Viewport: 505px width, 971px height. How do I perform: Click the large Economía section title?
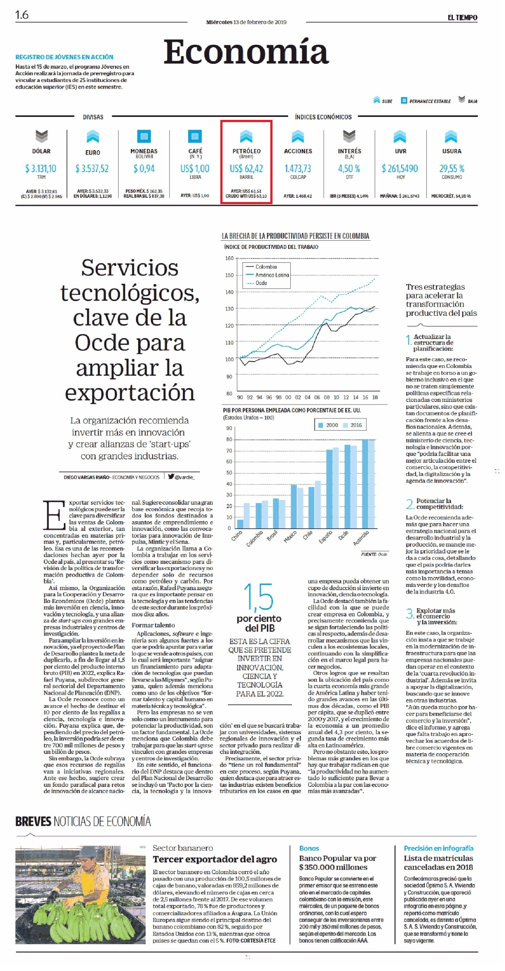tap(246, 51)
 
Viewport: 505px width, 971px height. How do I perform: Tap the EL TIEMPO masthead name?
tap(462, 17)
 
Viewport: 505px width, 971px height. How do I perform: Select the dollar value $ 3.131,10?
tap(41, 168)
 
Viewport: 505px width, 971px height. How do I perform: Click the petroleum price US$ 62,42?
tap(246, 168)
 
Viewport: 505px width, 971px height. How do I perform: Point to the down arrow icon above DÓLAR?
tap(41, 136)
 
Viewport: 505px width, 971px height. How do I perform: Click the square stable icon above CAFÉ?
tap(195, 136)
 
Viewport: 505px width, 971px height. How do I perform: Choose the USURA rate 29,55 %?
tap(452, 168)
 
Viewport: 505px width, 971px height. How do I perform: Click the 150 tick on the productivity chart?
tap(229, 275)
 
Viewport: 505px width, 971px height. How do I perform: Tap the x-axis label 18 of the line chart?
tap(375, 397)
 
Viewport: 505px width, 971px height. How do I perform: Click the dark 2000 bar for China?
tap(240, 524)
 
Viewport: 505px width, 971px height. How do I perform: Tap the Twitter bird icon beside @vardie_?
tap(171, 477)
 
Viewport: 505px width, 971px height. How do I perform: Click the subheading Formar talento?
tap(153, 625)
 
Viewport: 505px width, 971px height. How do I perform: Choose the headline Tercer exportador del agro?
tap(215, 859)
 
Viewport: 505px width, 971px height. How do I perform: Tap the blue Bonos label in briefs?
tap(309, 848)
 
